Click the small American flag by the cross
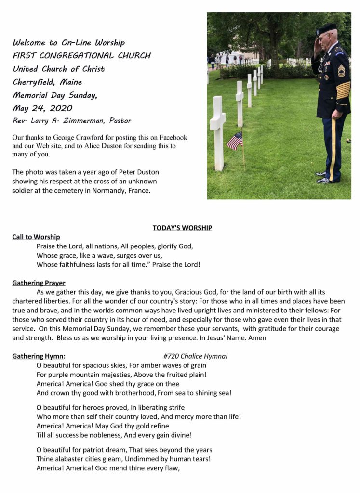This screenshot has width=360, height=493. tap(235, 141)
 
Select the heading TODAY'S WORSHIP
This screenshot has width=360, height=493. tap(182, 228)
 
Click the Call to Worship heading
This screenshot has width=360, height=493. tap(36, 237)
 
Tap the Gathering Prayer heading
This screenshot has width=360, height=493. tap(39, 283)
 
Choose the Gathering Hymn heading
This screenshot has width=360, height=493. tap(38, 356)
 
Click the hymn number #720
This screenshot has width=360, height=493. tap(171, 356)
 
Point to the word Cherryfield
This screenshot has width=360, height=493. tap(34, 82)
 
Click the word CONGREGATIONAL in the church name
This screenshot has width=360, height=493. tap(78, 56)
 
